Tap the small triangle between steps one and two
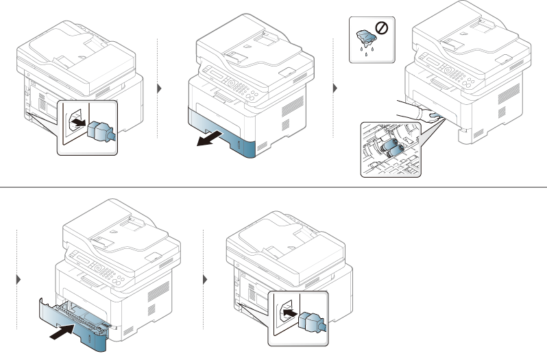[x=160, y=89]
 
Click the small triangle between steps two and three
[x=335, y=89]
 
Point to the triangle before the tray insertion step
[x=18, y=280]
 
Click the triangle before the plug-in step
[x=206, y=280]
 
